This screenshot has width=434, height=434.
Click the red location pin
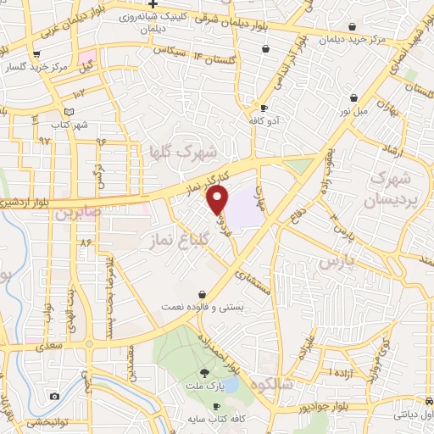point(219,198)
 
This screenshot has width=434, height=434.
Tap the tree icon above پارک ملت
point(203,373)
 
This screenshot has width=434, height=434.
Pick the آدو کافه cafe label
point(264,122)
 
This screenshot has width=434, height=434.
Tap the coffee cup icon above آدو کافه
point(263,108)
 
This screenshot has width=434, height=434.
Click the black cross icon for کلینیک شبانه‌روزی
point(153,4)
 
